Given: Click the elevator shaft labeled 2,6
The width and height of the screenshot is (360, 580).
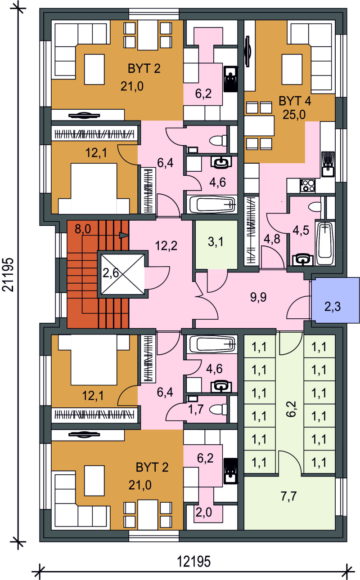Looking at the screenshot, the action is (x=122, y=274).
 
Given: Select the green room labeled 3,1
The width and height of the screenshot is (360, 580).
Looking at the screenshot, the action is (x=216, y=245).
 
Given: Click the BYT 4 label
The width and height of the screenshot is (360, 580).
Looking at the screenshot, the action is (x=295, y=101).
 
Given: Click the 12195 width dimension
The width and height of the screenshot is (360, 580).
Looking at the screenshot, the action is (x=193, y=562).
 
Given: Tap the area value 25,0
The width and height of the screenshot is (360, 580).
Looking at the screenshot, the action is (x=294, y=114).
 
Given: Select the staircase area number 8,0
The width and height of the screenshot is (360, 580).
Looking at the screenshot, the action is (x=83, y=229).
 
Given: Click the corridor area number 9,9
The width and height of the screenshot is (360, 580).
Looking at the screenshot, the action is (x=258, y=297).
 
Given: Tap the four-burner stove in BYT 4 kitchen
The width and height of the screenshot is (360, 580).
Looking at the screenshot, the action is (x=308, y=186).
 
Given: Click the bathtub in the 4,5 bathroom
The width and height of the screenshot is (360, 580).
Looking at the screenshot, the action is (x=325, y=243).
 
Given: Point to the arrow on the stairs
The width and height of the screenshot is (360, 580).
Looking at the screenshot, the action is (x=124, y=235).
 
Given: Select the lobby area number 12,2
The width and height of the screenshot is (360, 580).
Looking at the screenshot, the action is (x=166, y=245).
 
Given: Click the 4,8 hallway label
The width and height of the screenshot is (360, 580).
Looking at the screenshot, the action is (x=272, y=239).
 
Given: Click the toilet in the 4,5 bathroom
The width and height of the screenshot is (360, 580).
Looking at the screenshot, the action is (x=315, y=207).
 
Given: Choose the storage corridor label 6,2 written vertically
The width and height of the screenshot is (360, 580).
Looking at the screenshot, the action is (x=291, y=409).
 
